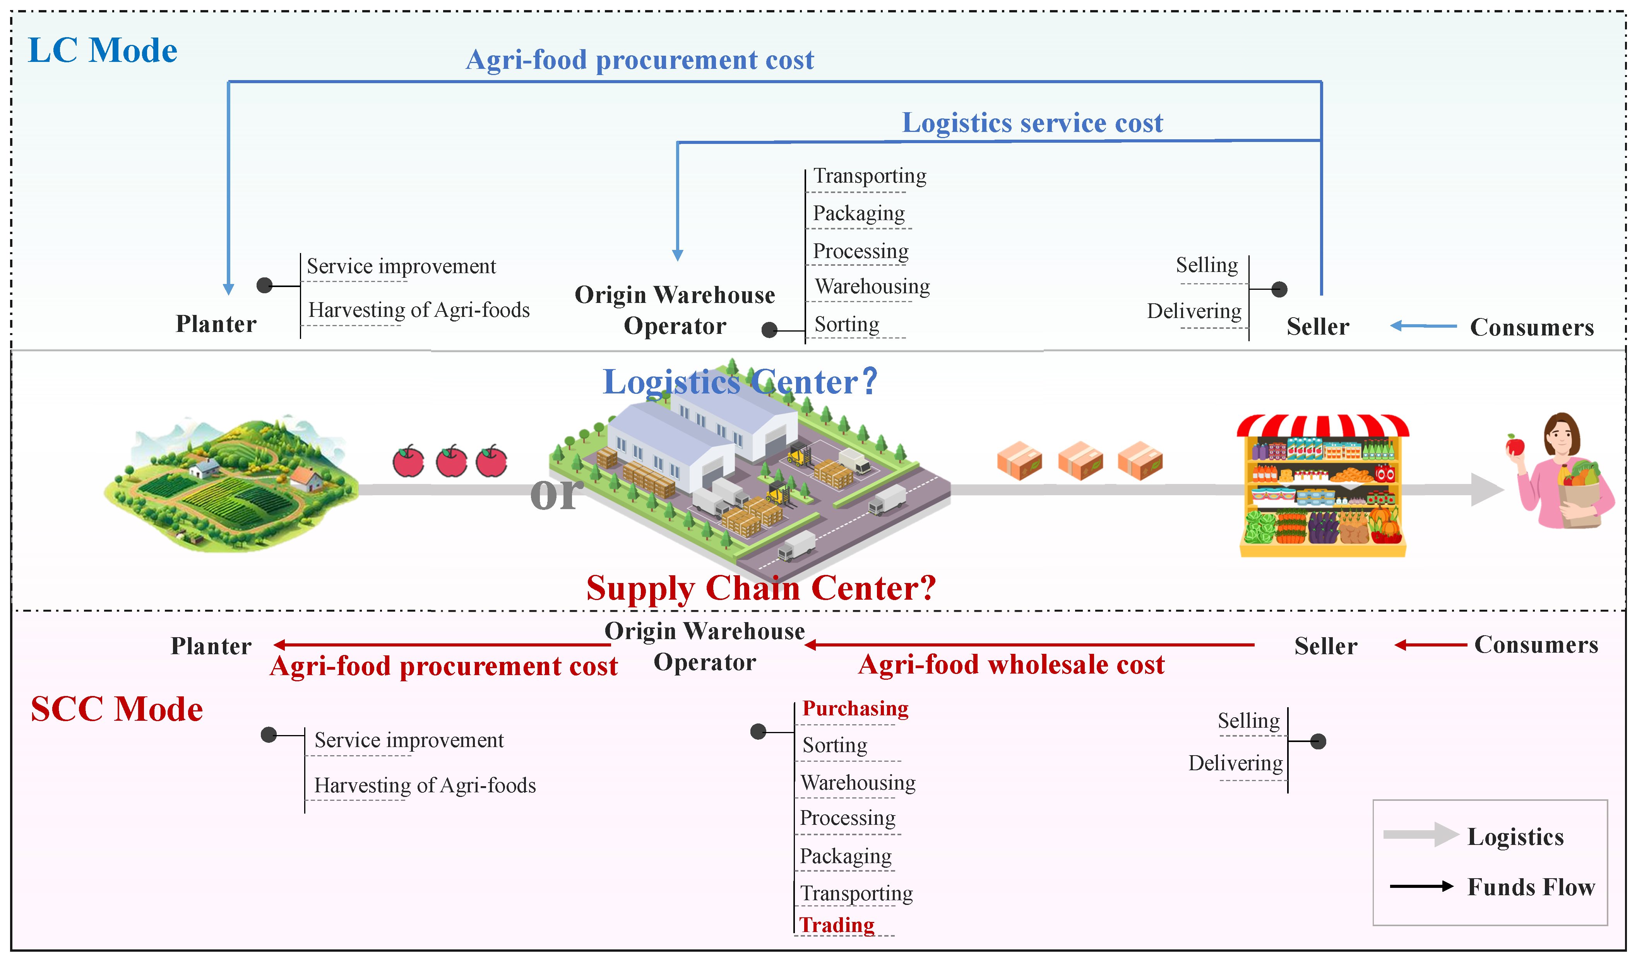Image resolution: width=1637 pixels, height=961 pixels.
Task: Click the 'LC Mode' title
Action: [x=103, y=51]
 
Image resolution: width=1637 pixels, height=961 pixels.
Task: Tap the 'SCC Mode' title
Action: [x=117, y=709]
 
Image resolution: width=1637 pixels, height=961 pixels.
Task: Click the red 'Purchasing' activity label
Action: [x=856, y=708]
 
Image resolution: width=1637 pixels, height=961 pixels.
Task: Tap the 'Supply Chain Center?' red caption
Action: [x=761, y=588]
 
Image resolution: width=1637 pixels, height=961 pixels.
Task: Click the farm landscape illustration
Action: [x=231, y=484]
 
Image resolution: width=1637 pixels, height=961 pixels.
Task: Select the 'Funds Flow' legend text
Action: [x=1531, y=887]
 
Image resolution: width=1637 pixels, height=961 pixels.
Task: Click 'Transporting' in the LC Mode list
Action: [x=870, y=176]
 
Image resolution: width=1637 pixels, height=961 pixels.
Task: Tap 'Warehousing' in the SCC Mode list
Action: [x=858, y=783]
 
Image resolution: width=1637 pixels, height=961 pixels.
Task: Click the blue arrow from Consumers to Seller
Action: [x=1423, y=326]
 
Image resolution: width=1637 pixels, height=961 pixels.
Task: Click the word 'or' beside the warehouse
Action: [x=555, y=494]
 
